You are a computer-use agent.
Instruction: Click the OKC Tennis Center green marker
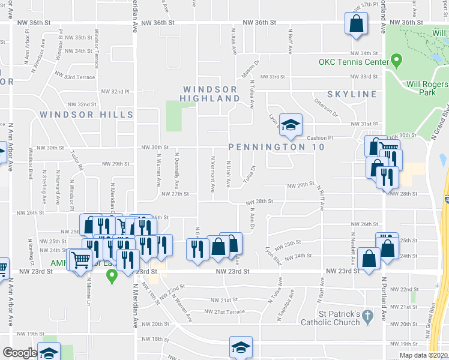click(x=396, y=61)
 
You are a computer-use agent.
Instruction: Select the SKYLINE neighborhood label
click(x=352, y=94)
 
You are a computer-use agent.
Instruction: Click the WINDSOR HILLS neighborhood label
click(x=86, y=114)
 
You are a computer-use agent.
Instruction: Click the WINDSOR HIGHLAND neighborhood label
click(x=211, y=94)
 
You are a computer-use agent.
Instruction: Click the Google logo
click(x=19, y=352)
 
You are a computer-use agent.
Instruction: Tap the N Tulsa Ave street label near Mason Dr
click(x=252, y=94)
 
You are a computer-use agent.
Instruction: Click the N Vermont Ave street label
click(x=213, y=175)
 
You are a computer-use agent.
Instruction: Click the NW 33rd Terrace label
click(x=74, y=77)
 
